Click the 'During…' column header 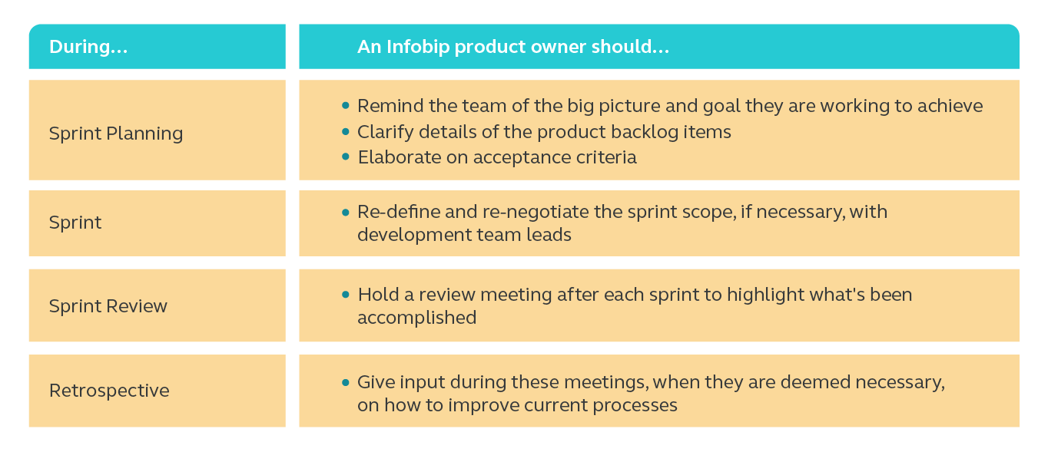[x=88, y=47]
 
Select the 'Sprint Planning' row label [x=116, y=133]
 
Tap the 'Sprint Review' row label [x=108, y=306]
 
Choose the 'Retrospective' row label [x=109, y=391]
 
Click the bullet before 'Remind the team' [x=346, y=105]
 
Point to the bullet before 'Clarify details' [x=346, y=131]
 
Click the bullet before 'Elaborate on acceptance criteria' [x=346, y=157]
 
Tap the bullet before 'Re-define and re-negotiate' [x=346, y=211]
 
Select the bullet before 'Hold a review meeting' [x=346, y=294]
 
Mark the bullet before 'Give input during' [x=346, y=381]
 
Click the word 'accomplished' [x=416, y=318]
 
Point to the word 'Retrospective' [x=109, y=391]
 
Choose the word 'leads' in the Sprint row [x=549, y=235]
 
